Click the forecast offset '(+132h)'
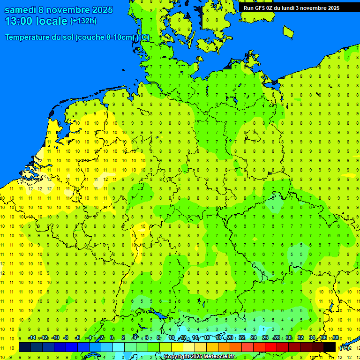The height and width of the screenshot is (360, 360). click(83, 21)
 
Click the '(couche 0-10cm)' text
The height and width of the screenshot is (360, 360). click(105, 37)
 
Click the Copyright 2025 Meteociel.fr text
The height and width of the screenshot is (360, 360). click(200, 357)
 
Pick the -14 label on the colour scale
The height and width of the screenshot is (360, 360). click(32, 338)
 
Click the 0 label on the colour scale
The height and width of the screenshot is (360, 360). click(112, 338)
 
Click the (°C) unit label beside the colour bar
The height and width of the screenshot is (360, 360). click(344, 348)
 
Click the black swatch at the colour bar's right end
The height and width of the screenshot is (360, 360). click(330, 347)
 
